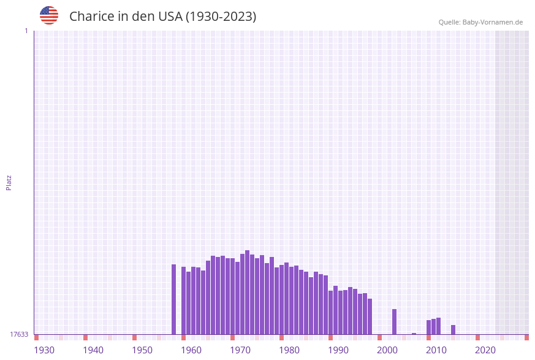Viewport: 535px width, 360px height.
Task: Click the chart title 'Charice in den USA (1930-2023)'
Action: (x=162, y=17)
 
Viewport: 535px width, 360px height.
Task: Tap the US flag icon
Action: (x=49, y=15)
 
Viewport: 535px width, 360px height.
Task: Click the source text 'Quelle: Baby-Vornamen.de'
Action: (x=480, y=22)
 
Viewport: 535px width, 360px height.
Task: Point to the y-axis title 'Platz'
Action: (x=9, y=182)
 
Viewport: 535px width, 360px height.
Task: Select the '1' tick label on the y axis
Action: (x=26, y=31)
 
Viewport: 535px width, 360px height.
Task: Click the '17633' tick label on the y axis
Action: (x=19, y=334)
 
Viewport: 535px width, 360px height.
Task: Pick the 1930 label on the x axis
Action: (x=44, y=350)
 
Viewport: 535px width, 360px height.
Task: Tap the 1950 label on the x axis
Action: (x=142, y=350)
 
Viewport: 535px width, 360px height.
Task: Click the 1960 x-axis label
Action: (x=191, y=350)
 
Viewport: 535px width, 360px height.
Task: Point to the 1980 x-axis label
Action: (x=289, y=350)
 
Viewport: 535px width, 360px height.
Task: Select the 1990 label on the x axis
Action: (x=338, y=350)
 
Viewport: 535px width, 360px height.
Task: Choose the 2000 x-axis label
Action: (x=387, y=350)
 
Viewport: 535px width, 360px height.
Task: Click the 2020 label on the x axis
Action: (x=485, y=350)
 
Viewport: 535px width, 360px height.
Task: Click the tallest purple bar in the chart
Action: (x=247, y=292)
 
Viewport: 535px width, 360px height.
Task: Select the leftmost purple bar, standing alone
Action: (x=173, y=299)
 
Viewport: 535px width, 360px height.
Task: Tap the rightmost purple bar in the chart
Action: (x=453, y=330)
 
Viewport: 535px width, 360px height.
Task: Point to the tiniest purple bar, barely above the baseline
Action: (x=414, y=334)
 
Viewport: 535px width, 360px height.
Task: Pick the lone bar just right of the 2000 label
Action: (x=394, y=321)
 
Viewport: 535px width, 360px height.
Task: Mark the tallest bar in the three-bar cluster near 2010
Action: (x=438, y=326)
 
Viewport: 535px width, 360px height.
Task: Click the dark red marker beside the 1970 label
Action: (x=232, y=337)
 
